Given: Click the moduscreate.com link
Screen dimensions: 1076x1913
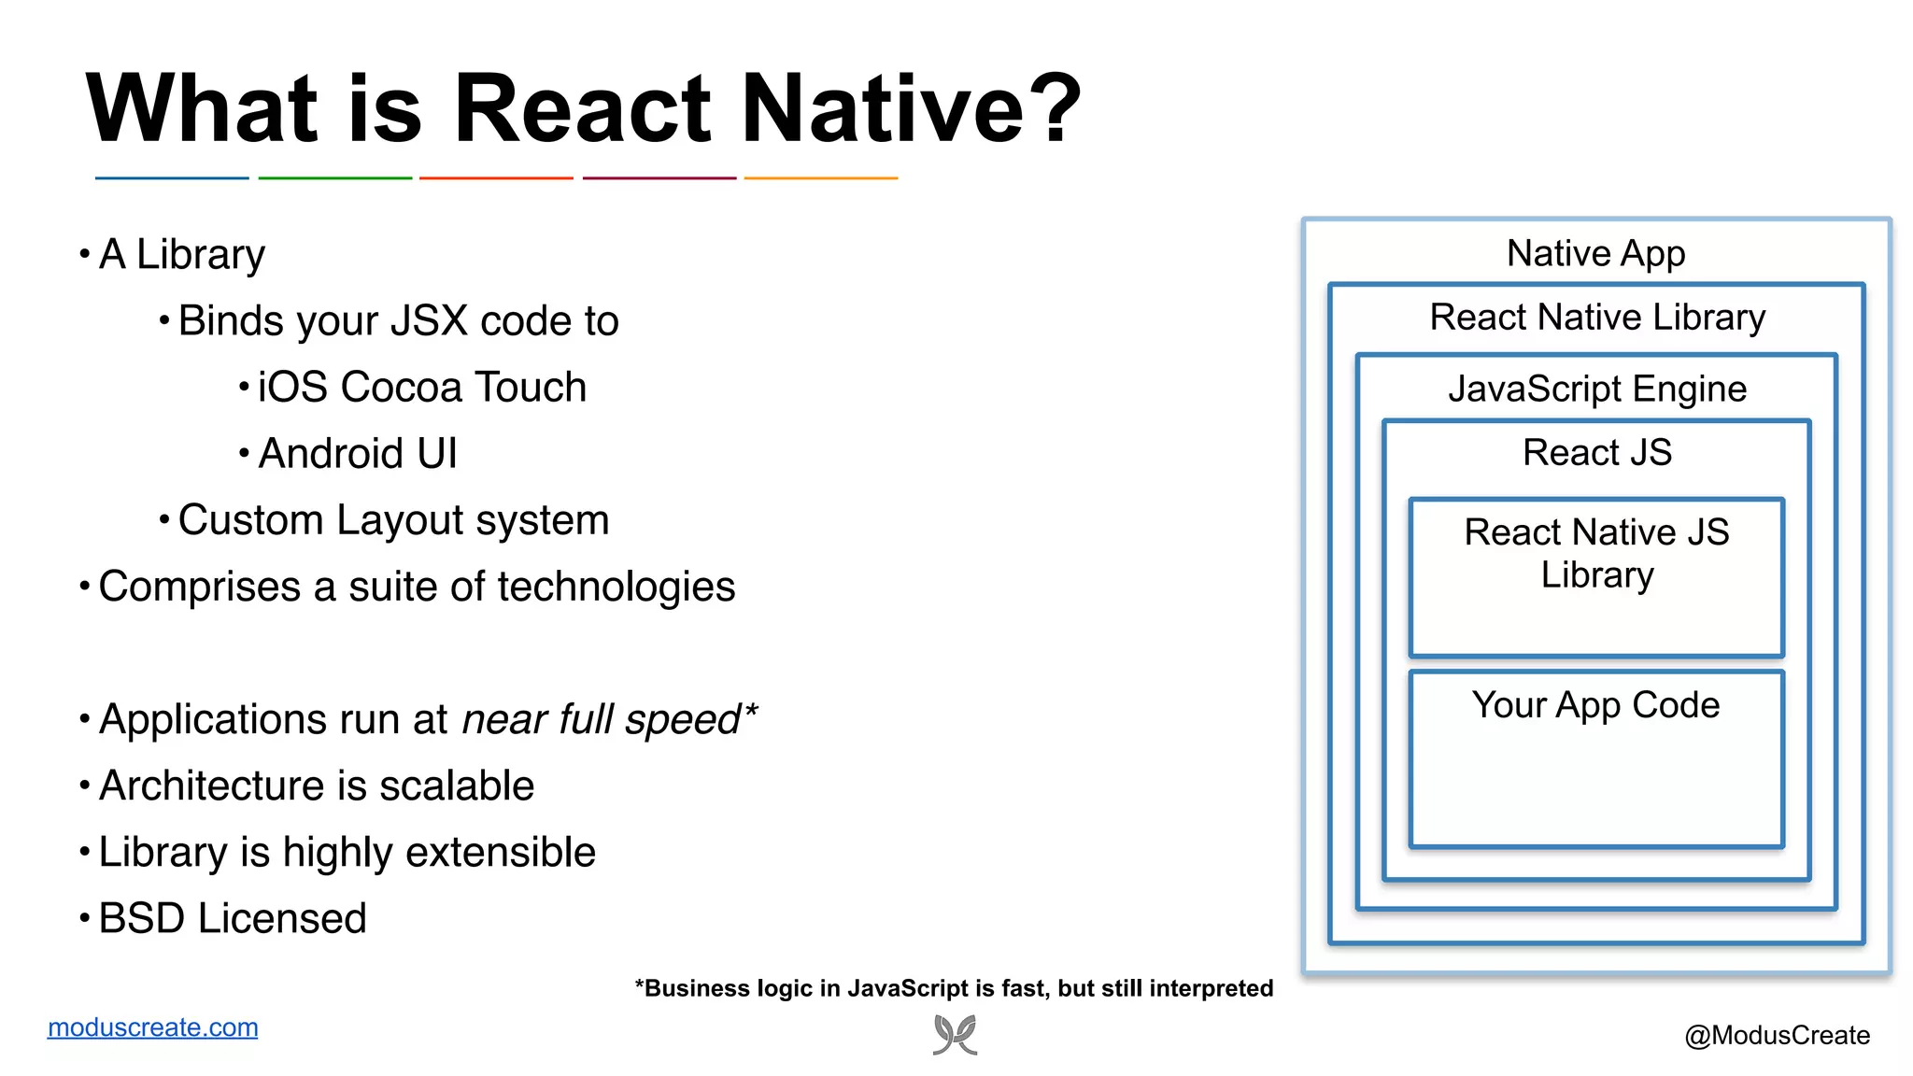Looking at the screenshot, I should tap(152, 1027).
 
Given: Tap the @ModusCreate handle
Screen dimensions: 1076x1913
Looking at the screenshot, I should tap(1776, 1035).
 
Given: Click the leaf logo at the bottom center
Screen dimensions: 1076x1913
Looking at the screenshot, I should tap(955, 1035).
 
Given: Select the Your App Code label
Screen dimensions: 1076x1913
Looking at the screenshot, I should tap(1595, 705).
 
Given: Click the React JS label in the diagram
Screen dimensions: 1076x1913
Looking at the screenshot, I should tap(1596, 453).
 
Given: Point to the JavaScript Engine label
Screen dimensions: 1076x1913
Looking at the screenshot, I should tap(1596, 389).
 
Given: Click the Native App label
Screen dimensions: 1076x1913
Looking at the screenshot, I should tap(1595, 254).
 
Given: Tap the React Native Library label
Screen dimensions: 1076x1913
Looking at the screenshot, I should tap(1596, 318).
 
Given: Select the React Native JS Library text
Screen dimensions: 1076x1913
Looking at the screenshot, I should tap(1596, 553).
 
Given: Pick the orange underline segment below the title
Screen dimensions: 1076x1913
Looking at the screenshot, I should tap(820, 177).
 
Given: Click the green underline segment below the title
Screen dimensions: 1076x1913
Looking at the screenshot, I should tap(334, 177).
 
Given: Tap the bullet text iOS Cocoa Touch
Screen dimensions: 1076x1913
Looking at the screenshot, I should tap(421, 388).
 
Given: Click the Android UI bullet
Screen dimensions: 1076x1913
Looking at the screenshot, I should tap(357, 454).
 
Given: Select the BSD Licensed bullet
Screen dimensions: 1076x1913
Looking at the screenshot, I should tap(232, 918).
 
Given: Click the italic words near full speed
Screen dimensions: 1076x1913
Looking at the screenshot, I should tap(602, 720).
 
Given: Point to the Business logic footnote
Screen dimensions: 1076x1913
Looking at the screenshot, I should tap(954, 988).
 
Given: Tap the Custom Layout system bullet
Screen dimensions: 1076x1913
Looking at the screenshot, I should tap(393, 520).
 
